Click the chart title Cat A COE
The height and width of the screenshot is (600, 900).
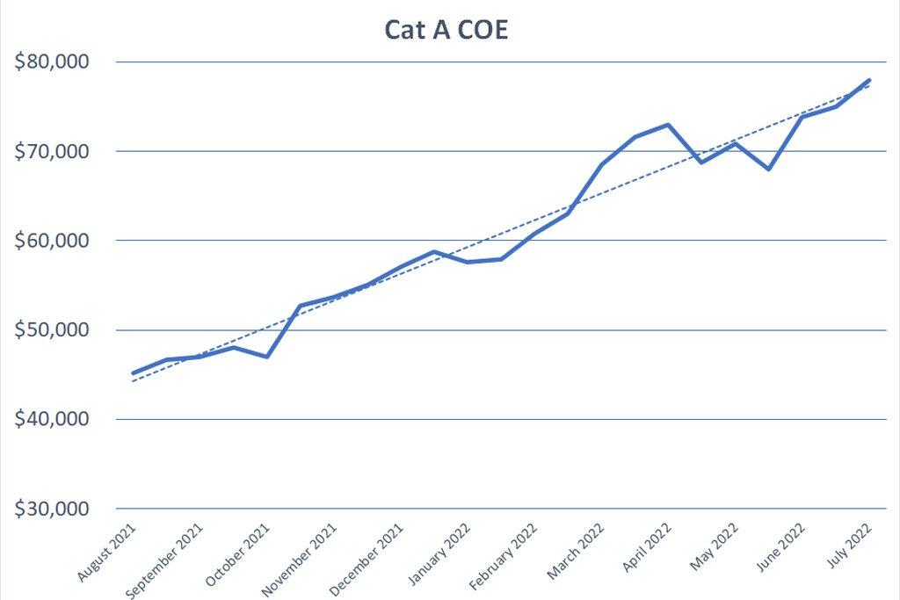pyautogui.click(x=446, y=30)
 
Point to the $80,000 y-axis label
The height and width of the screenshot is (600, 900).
pyautogui.click(x=58, y=62)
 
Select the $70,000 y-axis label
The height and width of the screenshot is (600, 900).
pyautogui.click(x=58, y=152)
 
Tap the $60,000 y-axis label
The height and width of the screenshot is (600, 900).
pyautogui.click(x=58, y=241)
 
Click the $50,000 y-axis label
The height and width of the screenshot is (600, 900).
pyautogui.click(x=58, y=330)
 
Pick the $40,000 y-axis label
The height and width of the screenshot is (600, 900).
pyautogui.click(x=58, y=420)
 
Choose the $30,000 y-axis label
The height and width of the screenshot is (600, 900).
pyautogui.click(x=58, y=510)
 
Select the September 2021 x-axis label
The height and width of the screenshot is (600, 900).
pyautogui.click(x=167, y=560)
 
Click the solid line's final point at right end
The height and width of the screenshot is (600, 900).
pyautogui.click(x=869, y=80)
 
